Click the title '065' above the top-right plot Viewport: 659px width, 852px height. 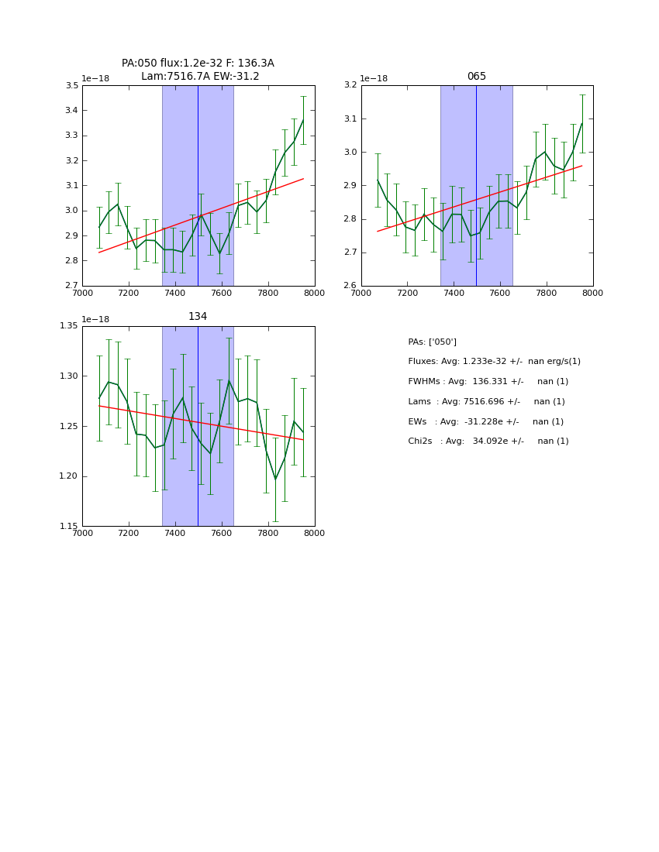[x=476, y=77]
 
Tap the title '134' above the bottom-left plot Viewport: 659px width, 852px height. [x=198, y=317]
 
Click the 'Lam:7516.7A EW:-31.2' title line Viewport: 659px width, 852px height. [x=200, y=76]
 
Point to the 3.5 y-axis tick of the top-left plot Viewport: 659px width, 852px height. [x=71, y=85]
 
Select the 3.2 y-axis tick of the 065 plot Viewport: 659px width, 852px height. [x=350, y=85]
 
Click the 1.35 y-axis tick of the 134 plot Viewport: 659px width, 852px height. [x=68, y=326]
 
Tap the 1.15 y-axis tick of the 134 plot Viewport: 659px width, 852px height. [x=68, y=527]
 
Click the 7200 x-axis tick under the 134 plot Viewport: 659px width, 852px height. [x=129, y=534]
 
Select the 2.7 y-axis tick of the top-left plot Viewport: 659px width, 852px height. [x=71, y=286]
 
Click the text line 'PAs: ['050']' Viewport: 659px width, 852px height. [x=432, y=342]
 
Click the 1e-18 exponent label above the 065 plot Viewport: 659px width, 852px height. [x=374, y=78]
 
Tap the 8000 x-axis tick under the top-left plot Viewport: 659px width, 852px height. [x=314, y=294]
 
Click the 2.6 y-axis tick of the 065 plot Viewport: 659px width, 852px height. [x=350, y=286]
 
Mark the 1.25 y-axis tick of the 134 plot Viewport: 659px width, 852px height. [x=68, y=426]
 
